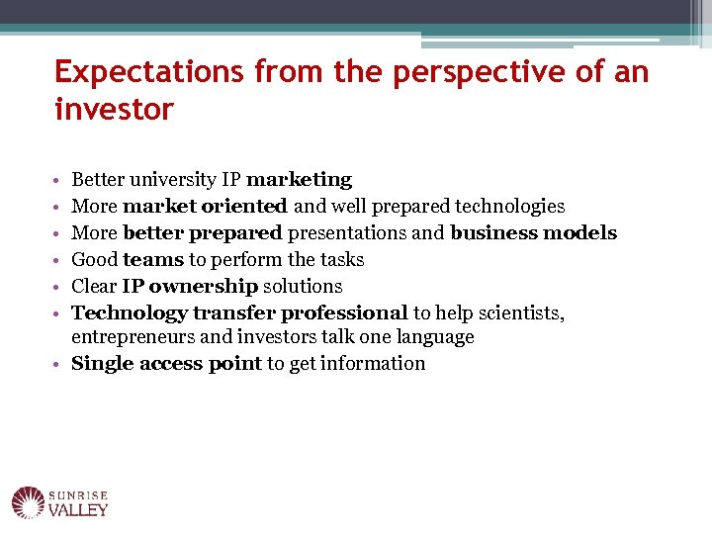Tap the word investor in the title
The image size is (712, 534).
[x=114, y=109]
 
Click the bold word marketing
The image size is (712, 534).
[x=299, y=180]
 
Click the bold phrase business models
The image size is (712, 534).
[x=533, y=233]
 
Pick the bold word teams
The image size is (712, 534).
[x=152, y=260]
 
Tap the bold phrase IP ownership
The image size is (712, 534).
[x=190, y=287]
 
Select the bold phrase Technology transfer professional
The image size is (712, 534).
[x=239, y=313]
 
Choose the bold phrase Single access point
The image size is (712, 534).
[x=166, y=364]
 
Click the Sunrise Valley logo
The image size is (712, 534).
[x=60, y=503]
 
